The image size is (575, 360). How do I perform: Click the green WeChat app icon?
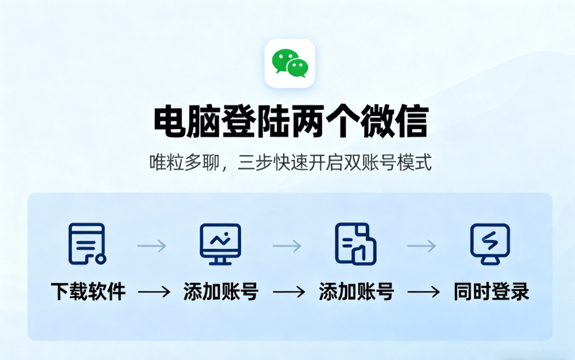[x=290, y=63]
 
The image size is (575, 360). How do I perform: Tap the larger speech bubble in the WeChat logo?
[x=284, y=59]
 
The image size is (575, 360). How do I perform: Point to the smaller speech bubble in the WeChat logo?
[x=298, y=69]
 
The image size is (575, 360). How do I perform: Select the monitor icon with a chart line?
[x=220, y=244]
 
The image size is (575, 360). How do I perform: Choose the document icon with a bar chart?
[x=356, y=244]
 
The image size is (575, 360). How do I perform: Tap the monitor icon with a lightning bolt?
[x=490, y=244]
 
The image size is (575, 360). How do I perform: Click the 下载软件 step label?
[x=88, y=291]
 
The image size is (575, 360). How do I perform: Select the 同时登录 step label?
[x=491, y=291]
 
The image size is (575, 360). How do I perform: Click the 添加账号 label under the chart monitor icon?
[x=221, y=291]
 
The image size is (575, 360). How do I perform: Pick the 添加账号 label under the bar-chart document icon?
[x=356, y=291]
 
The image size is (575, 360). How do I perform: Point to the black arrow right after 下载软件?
[x=154, y=292]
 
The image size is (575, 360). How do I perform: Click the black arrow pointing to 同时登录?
[x=424, y=292]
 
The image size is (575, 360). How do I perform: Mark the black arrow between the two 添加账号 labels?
[x=288, y=292]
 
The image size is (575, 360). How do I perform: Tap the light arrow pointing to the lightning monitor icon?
[x=421, y=246]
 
